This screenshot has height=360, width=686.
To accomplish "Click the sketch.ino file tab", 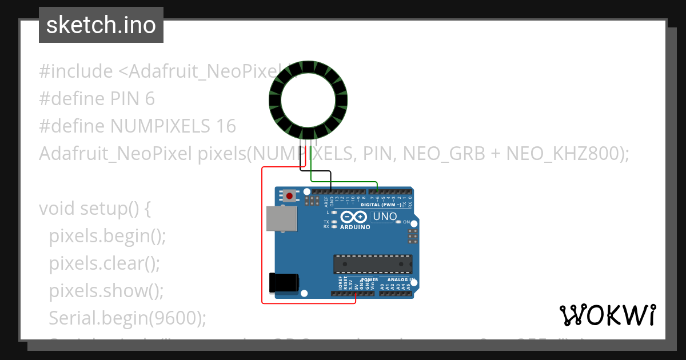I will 101,25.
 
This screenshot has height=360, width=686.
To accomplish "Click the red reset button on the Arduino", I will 290,196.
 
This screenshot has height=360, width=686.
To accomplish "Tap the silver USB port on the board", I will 281,219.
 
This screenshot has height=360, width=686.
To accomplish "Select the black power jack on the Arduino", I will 284,283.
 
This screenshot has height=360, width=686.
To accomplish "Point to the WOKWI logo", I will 608,315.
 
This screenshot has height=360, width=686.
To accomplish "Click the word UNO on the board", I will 384,217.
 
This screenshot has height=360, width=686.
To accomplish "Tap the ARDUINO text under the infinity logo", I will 355,227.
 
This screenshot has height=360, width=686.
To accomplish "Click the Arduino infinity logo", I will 354,217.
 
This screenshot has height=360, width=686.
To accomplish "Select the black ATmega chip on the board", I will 373,263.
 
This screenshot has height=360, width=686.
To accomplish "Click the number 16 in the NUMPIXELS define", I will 226,126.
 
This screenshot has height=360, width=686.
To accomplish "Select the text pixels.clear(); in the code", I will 104,263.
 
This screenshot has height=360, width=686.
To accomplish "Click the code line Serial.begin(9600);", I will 127,318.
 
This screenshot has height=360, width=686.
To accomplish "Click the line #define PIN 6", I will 97,99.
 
